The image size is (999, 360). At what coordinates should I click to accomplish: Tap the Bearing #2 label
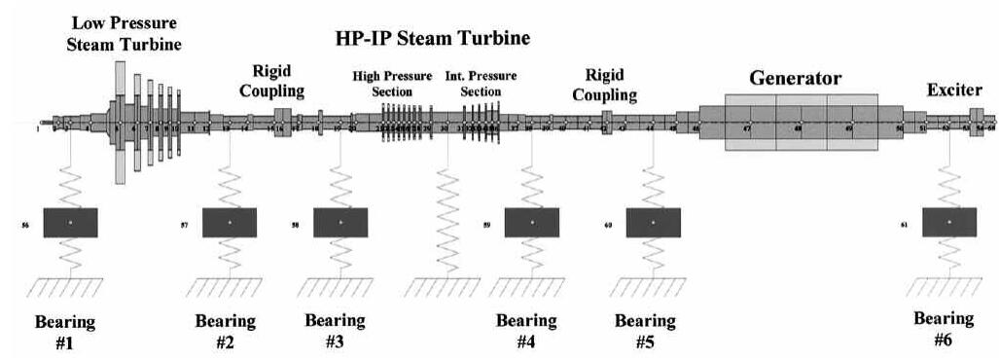pos(225,331)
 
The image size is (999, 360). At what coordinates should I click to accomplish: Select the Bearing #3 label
pos(335,331)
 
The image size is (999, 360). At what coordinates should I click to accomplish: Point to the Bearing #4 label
pos(526,331)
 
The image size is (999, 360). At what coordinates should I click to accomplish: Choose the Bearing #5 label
pos(646,331)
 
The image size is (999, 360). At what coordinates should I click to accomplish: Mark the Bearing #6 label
pos(944,329)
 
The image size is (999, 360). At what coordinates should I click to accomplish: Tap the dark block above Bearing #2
pos(230,223)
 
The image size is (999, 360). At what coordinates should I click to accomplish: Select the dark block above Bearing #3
pos(340,223)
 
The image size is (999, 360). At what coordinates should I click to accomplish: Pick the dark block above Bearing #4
pos(532,223)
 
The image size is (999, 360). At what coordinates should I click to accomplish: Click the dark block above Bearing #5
pos(653,223)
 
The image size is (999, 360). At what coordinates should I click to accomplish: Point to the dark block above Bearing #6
pos(949,223)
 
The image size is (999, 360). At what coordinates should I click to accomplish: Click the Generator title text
pos(795,77)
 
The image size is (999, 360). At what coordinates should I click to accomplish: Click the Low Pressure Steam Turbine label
pos(126,33)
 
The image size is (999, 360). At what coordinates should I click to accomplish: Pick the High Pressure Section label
pos(393,83)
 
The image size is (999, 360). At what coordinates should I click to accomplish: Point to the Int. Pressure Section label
pos(481,83)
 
